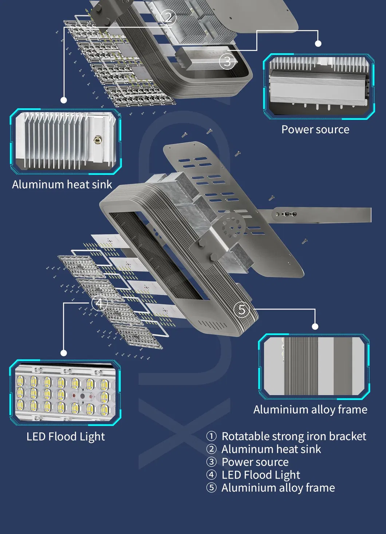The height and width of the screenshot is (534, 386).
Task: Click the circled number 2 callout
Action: [168, 17]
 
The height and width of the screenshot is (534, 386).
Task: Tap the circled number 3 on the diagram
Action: [227, 62]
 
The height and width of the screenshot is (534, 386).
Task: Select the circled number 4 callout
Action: [99, 303]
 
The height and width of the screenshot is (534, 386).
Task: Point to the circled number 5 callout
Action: [242, 309]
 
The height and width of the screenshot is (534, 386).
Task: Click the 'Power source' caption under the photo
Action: [315, 130]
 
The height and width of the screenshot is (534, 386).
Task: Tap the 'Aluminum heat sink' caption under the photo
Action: [62, 185]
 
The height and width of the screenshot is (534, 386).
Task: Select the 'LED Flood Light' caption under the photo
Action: [66, 436]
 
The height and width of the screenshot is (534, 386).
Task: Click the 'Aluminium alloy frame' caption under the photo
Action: [310, 410]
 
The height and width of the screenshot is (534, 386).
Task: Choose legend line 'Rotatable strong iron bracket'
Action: [294, 436]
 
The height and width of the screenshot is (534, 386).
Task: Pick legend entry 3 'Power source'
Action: [255, 462]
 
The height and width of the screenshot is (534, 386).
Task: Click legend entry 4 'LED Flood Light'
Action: [261, 475]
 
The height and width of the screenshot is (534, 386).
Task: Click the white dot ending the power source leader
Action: [318, 44]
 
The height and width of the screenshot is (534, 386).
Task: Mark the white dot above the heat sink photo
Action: [64, 100]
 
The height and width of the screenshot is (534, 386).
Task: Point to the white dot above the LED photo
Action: [64, 353]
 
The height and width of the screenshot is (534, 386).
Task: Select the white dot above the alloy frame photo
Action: [315, 327]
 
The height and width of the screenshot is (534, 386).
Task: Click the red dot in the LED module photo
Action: [74, 395]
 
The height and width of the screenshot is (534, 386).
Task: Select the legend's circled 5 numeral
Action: [211, 487]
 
